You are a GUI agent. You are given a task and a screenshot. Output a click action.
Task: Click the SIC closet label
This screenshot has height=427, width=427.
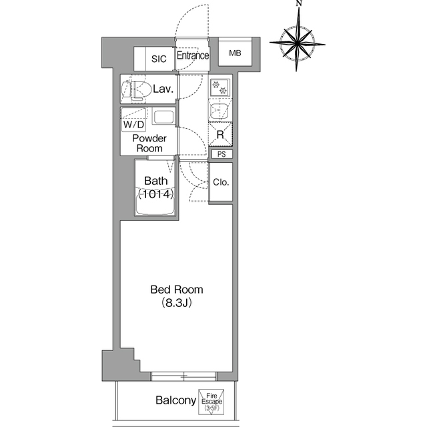point(159,59)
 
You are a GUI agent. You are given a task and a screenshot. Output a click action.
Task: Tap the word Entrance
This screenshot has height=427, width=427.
point(193,55)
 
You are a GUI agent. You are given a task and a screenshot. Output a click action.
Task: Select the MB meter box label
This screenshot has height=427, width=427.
point(235,53)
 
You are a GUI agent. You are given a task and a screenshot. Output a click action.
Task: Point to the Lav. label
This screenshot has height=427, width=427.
point(163,89)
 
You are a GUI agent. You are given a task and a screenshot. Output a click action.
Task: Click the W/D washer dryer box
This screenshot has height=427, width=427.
point(133,120)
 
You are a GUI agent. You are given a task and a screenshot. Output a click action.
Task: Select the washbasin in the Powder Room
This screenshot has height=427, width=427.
point(163,117)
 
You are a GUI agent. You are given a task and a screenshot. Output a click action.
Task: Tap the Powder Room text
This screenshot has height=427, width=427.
point(149,143)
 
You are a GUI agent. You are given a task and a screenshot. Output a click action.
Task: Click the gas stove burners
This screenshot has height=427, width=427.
point(220,87)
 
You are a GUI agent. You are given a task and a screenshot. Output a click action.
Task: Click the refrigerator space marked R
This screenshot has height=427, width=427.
point(221,135)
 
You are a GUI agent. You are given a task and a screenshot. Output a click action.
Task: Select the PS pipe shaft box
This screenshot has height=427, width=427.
point(222,154)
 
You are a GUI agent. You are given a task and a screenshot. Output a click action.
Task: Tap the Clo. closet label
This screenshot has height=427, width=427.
point(221,182)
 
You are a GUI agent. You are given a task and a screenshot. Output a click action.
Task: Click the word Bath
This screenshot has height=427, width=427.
point(155,181)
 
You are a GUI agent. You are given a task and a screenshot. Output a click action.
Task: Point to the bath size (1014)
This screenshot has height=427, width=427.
point(155,194)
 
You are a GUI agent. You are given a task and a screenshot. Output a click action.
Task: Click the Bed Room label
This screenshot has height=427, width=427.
point(177,290)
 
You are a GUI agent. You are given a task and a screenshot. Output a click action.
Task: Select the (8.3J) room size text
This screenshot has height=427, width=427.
point(177,303)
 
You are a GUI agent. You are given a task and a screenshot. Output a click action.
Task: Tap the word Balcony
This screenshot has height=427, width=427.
point(176,400)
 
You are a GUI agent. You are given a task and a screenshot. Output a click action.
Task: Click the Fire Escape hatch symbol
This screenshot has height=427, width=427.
point(211,402)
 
